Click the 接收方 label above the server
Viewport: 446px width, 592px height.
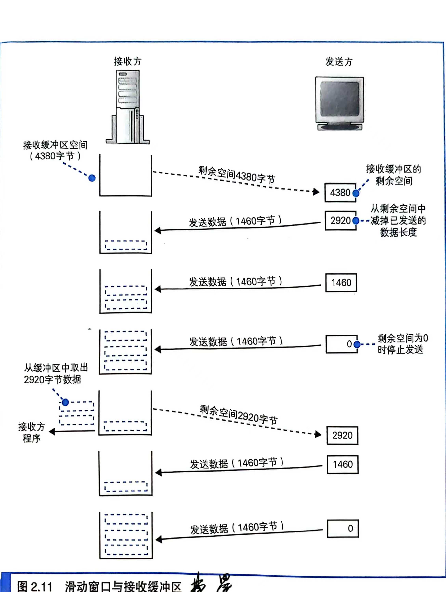point(128,61)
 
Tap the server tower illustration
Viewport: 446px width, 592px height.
point(128,107)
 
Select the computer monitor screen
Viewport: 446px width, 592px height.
point(339,100)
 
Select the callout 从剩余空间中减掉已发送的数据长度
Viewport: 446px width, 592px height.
point(398,221)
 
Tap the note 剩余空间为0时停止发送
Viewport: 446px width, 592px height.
point(402,344)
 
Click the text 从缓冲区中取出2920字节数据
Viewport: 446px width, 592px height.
point(56,374)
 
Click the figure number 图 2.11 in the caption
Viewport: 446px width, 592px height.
point(34,586)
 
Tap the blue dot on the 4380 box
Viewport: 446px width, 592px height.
point(356,193)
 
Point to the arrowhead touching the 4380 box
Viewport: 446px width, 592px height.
point(316,192)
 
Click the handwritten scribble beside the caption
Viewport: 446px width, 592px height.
point(211,584)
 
